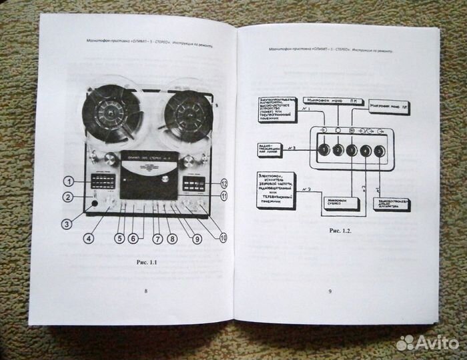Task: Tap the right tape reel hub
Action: coord(189,112)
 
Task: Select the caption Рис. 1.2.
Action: coord(340,231)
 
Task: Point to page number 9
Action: coord(330,290)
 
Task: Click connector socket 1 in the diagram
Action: coord(324,150)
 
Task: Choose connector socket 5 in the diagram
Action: coord(379,150)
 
